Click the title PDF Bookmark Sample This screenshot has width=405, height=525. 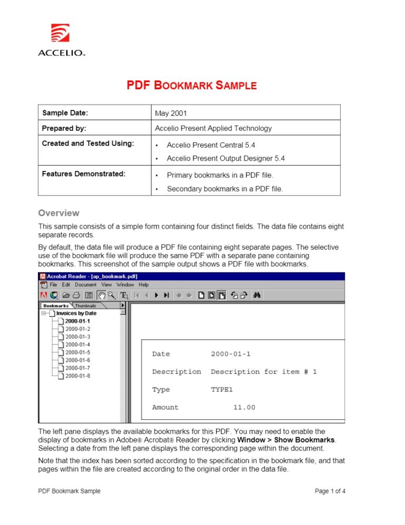[191, 86]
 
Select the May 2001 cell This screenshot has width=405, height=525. [171, 113]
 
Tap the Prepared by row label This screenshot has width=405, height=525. [64, 128]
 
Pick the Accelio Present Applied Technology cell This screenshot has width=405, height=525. [213, 128]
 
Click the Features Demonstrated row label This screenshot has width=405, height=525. [84, 174]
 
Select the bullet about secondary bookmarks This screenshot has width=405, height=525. [225, 189]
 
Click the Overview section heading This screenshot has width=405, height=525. [59, 213]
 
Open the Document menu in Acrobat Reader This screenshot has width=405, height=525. [85, 285]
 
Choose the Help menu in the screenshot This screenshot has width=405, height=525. [143, 285]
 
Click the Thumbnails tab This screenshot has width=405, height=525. [86, 306]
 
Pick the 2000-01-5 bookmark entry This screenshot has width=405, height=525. [78, 352]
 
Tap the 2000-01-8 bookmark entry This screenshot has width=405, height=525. [78, 376]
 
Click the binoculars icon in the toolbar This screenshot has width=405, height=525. [257, 295]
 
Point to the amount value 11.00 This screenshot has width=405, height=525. [244, 407]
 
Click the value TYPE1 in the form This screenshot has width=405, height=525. [221, 390]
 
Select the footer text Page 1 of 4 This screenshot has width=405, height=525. [330, 491]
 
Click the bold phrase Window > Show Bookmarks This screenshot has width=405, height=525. [286, 439]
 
